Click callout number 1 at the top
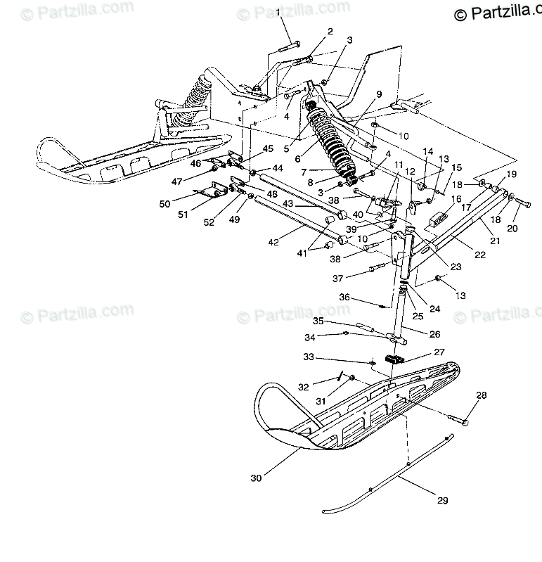click(x=277, y=13)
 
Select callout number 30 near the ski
click(x=257, y=478)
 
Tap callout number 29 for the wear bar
click(x=442, y=501)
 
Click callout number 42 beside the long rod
click(x=273, y=242)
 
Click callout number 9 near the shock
click(x=379, y=94)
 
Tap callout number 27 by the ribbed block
click(x=439, y=352)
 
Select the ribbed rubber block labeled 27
click(x=398, y=359)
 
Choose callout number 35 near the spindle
click(x=318, y=321)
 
